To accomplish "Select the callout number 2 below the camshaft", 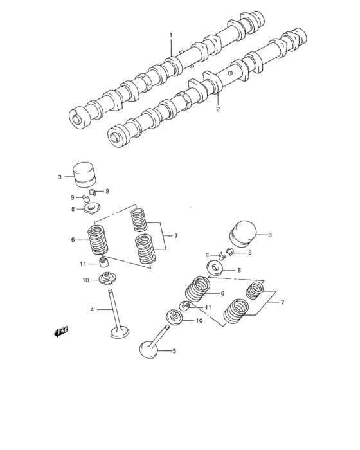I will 218,109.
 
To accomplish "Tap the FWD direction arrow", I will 61,332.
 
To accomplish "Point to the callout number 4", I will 92,309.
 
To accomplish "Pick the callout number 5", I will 173,350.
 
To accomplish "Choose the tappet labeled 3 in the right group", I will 244,233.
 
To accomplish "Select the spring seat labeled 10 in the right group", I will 175,318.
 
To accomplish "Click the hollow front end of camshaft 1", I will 76,118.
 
